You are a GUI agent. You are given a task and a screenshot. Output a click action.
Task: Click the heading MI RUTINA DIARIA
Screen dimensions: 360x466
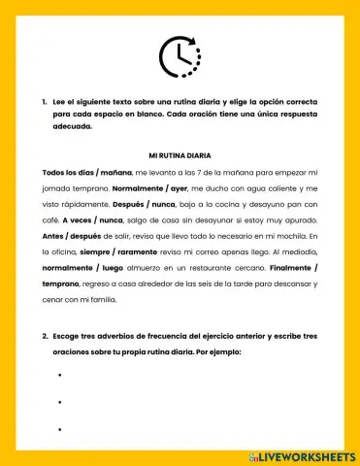click(x=180, y=155)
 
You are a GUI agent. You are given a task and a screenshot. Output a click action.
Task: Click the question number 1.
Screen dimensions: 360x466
click(x=45, y=102)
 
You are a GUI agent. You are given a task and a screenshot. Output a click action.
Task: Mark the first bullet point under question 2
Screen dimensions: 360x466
click(x=60, y=375)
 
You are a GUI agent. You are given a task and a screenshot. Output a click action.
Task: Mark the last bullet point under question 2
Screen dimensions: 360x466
click(x=60, y=428)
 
